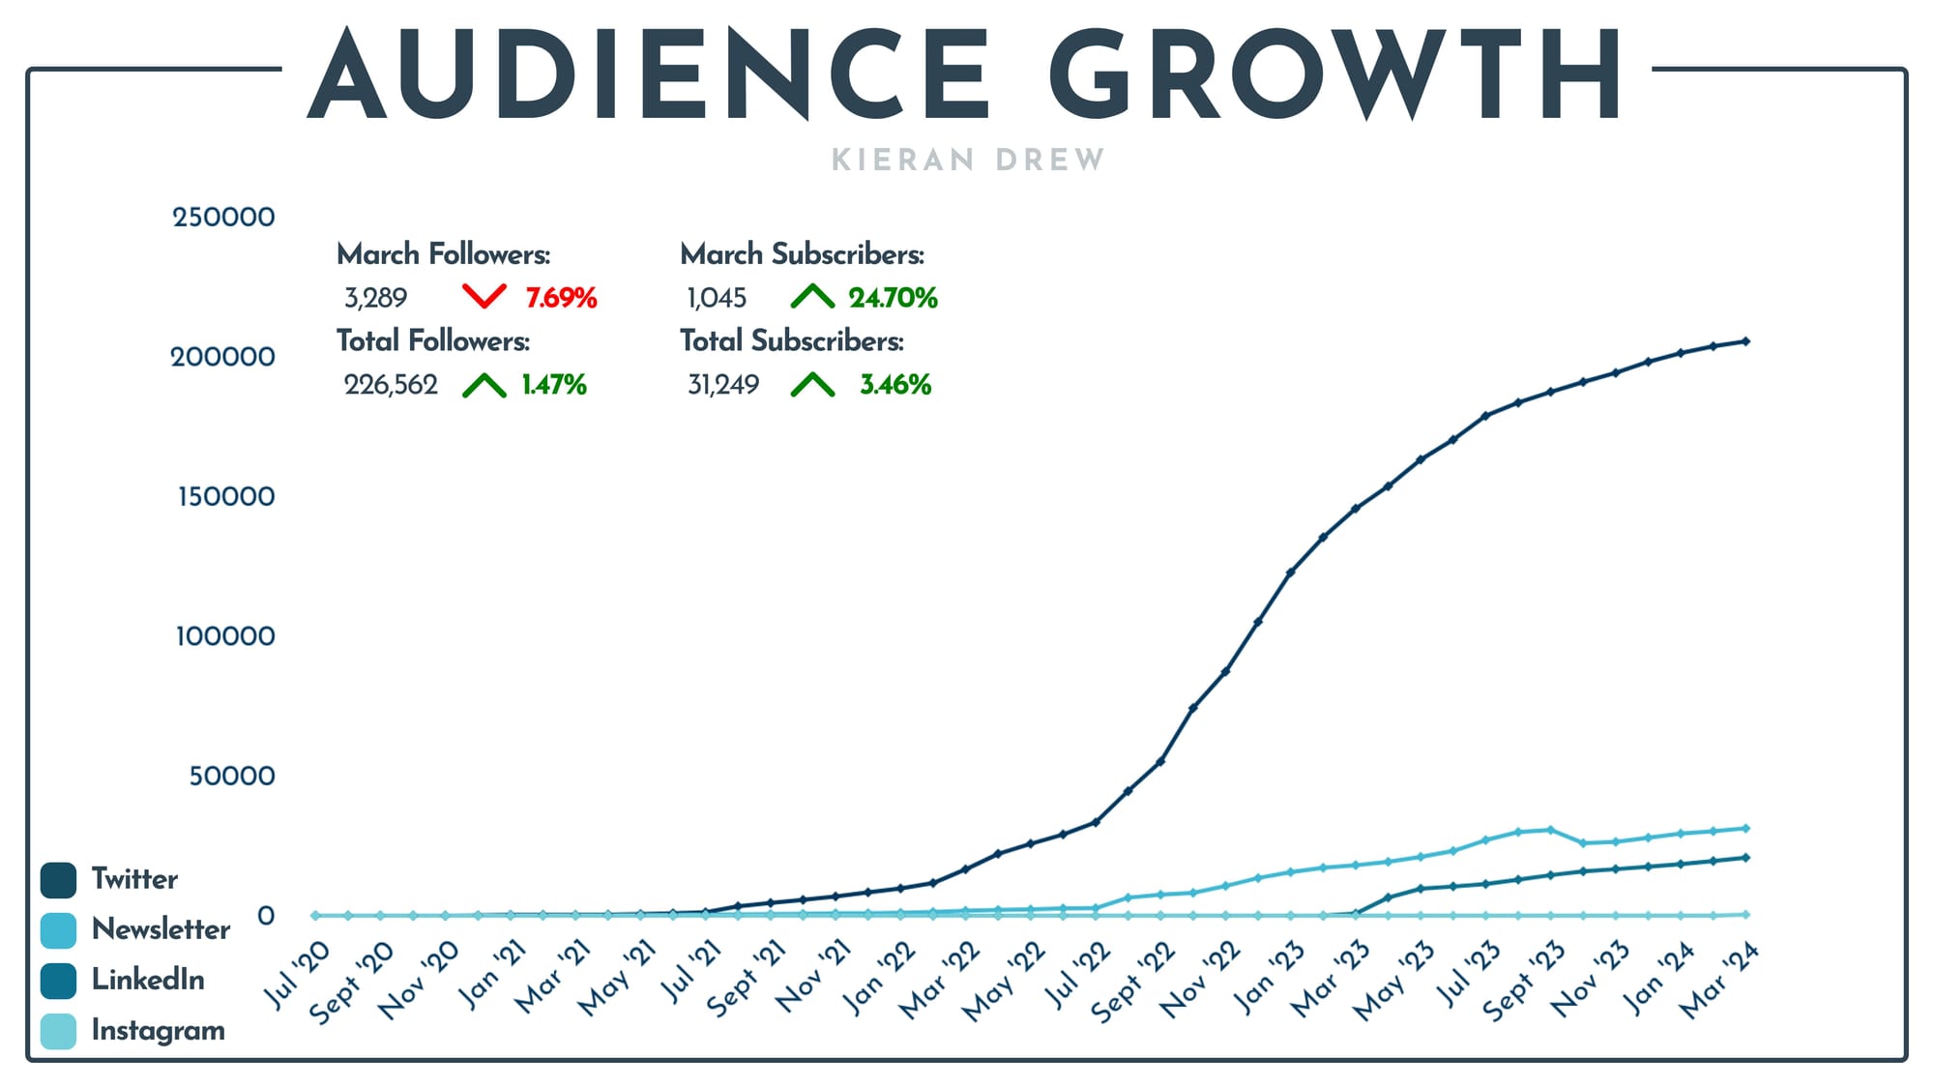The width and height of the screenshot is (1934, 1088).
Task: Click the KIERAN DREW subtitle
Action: coord(967,160)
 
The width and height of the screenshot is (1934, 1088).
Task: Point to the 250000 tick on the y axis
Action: coord(223,217)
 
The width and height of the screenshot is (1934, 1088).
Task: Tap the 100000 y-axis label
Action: coord(224,636)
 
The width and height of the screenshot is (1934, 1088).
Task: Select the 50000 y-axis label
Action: coord(231,776)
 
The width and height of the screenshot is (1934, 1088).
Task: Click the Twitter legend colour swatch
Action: coord(58,880)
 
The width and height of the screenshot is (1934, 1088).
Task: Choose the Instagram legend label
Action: coord(158,1030)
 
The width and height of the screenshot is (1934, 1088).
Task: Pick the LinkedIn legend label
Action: coord(148,980)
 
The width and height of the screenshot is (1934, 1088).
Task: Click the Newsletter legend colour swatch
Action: coord(58,930)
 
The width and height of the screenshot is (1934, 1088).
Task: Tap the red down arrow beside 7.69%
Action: coord(484,296)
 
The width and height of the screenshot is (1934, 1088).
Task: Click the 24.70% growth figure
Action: coord(893,298)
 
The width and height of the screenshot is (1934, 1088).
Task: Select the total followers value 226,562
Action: coord(391,385)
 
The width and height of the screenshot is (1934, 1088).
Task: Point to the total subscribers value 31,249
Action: coord(723,385)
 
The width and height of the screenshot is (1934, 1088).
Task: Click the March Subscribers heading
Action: coord(802,254)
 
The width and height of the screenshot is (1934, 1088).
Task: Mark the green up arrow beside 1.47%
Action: coord(484,385)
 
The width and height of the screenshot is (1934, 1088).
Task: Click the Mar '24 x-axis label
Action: coord(1719,982)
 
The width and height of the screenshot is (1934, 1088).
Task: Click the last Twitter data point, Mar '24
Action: coord(1745,341)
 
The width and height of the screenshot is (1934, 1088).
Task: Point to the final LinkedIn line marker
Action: coord(1745,857)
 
